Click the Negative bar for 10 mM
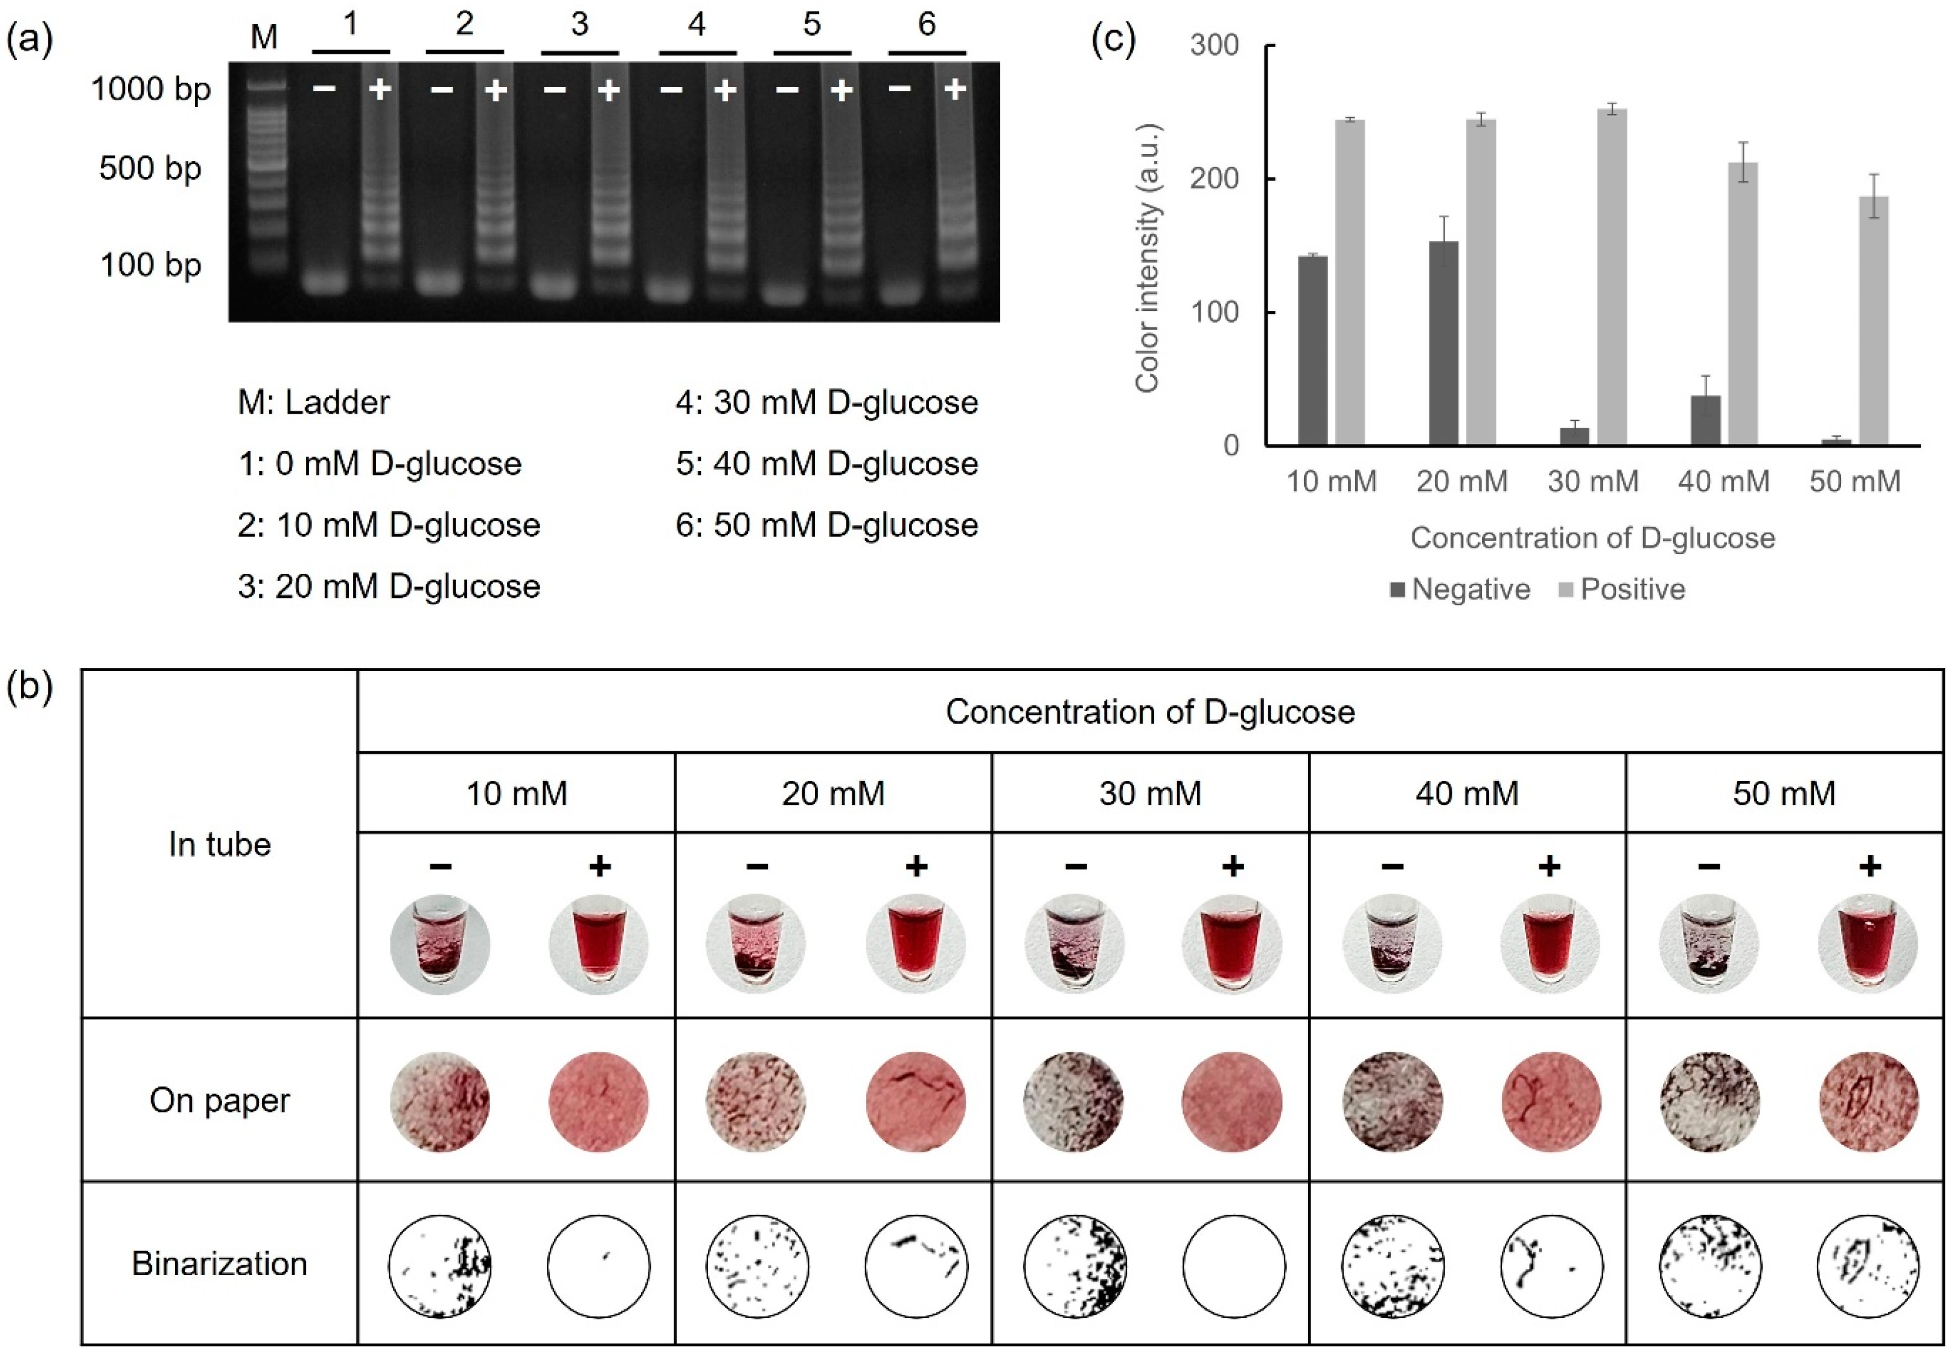pyautogui.click(x=1312, y=350)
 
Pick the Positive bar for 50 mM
pyautogui.click(x=1873, y=320)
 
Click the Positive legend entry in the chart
pyautogui.click(x=1632, y=589)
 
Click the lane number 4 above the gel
pyautogui.click(x=697, y=24)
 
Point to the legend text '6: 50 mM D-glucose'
pyautogui.click(x=826, y=524)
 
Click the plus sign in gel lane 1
pyautogui.click(x=379, y=89)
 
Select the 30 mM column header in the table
pyautogui.click(x=1150, y=793)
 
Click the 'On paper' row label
pyautogui.click(x=219, y=1100)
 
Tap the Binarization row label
pyautogui.click(x=219, y=1263)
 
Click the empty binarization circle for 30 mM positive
pyautogui.click(x=1234, y=1265)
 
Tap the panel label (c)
pyautogui.click(x=1114, y=40)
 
